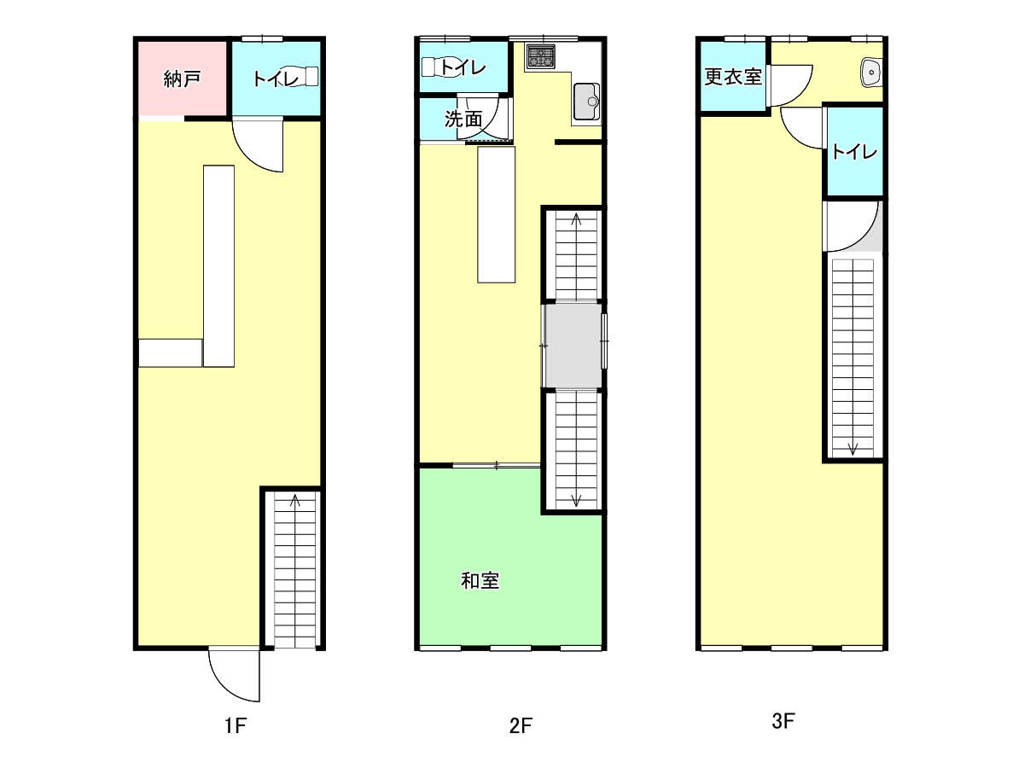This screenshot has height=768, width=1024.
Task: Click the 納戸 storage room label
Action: tap(182, 79)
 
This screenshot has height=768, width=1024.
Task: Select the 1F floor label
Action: tap(236, 726)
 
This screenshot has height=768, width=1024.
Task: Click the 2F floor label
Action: tap(521, 726)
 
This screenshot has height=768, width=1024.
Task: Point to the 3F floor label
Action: tap(783, 721)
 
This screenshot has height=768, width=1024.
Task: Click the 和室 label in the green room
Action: tap(480, 581)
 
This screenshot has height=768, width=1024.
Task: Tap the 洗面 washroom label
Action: tap(463, 119)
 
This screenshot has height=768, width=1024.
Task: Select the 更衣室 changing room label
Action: tap(733, 77)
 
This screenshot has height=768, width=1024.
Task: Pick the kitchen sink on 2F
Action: tap(586, 102)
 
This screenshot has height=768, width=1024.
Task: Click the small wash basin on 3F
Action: tap(871, 73)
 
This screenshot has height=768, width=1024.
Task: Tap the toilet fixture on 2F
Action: tap(438, 67)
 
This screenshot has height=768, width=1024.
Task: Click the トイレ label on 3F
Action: tap(854, 152)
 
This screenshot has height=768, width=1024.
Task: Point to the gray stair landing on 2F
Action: tap(573, 346)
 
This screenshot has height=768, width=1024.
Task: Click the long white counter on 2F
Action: tap(497, 214)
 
